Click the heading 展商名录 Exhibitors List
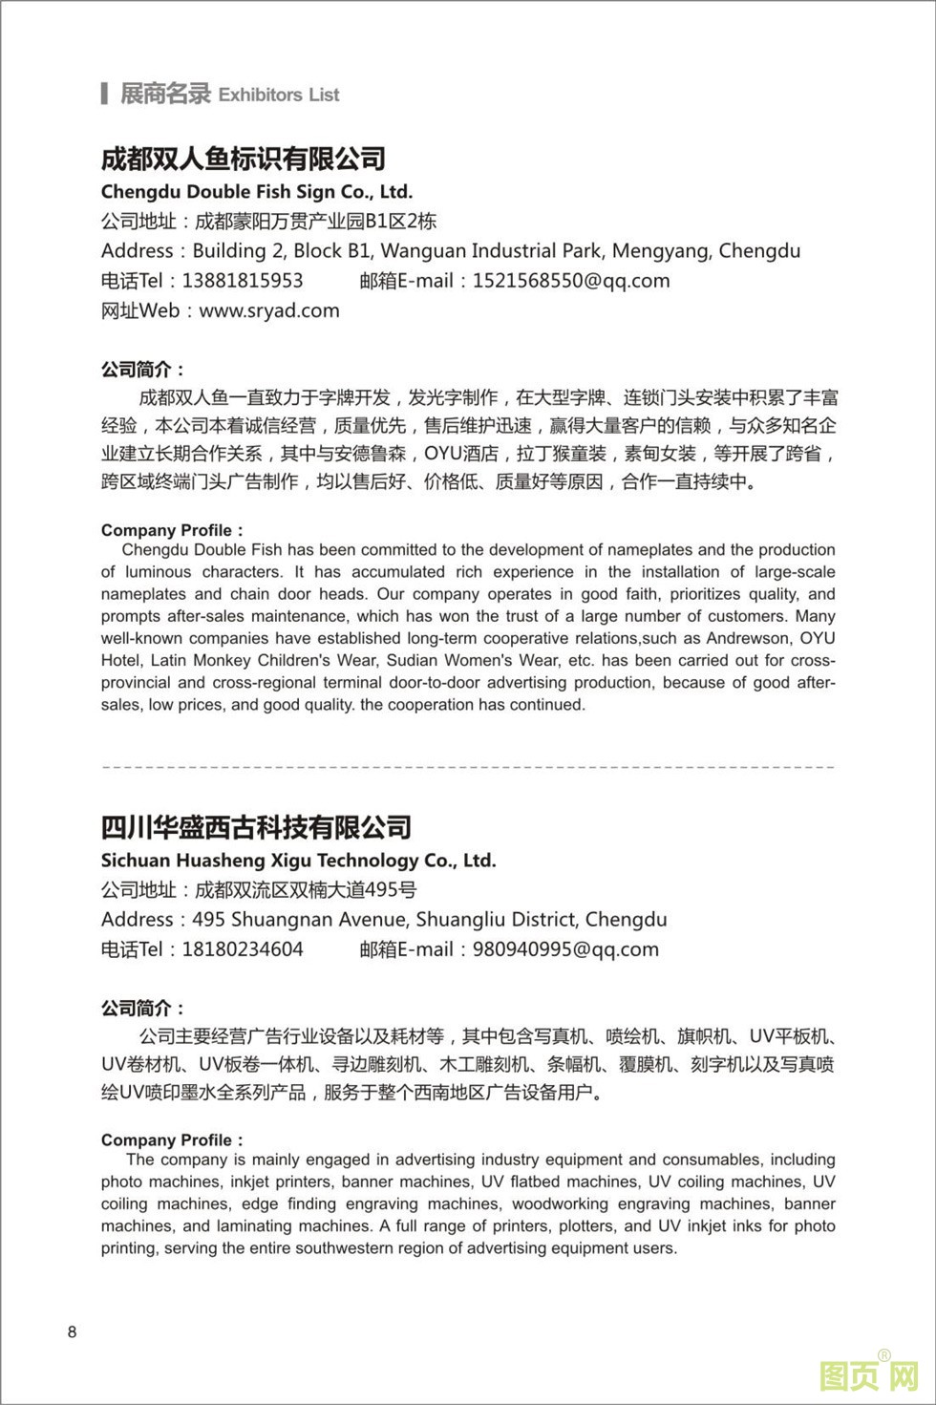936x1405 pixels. (x=229, y=94)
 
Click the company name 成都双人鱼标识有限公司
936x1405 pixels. (x=244, y=159)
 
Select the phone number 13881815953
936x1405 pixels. (x=243, y=281)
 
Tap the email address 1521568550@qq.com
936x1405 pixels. (x=571, y=281)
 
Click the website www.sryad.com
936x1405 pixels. (x=269, y=310)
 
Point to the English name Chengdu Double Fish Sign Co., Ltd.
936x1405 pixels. (x=257, y=191)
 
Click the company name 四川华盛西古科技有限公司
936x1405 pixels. (x=256, y=827)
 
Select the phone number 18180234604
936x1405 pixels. (x=243, y=949)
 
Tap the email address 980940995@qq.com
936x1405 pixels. (x=565, y=949)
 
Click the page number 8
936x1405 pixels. (x=73, y=1332)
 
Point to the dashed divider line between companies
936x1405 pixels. (x=468, y=766)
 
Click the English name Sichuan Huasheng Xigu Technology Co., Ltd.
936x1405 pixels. (x=299, y=860)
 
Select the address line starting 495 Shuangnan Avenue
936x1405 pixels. (x=430, y=920)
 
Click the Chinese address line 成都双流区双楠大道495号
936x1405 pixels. (x=306, y=890)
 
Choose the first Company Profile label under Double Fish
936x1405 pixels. (x=172, y=530)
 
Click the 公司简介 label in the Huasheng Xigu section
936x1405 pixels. (x=143, y=1009)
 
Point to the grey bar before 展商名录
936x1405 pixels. (x=103, y=94)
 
